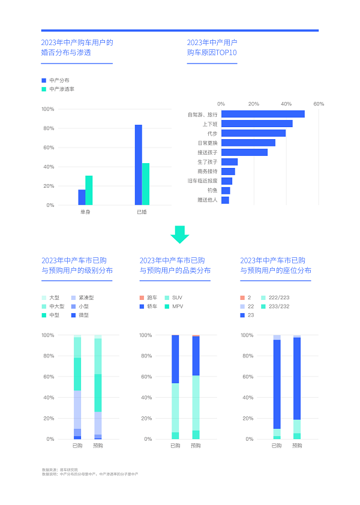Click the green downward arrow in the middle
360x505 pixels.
pos(179,234)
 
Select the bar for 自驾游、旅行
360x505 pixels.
pos(263,114)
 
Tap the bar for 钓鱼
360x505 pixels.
pos(226,190)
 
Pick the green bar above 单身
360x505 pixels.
pos(89,190)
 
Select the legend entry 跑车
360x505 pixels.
pos(148,297)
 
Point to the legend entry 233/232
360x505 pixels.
pos(275,306)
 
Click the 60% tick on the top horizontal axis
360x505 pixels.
pos(319,104)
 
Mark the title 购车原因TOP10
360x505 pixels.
pos(212,53)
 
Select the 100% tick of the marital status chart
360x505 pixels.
pos(48,109)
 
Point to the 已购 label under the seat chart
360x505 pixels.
pos(277,446)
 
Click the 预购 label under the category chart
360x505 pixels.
pos(196,446)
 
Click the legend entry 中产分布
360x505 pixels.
pos(58,80)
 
